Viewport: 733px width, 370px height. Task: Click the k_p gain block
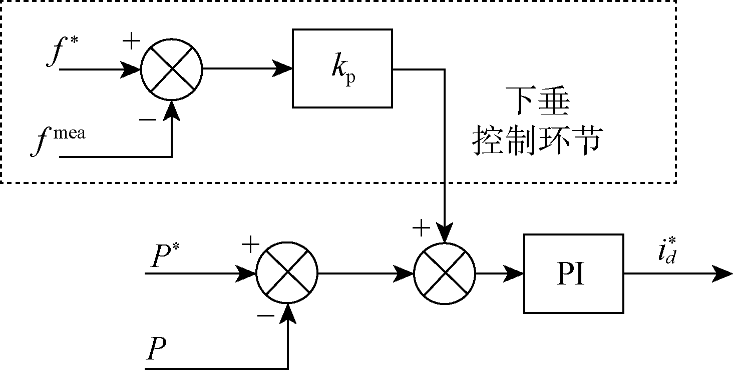pos(342,68)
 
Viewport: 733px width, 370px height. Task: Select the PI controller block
pos(573,273)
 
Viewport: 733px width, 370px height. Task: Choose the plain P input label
pos(156,350)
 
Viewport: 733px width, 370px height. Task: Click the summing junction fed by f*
pos(172,69)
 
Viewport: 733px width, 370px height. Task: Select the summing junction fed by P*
pos(287,273)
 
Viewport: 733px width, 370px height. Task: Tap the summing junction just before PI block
pos(445,273)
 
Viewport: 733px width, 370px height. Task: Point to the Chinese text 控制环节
pos(536,141)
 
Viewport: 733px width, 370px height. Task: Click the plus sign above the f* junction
pos(131,42)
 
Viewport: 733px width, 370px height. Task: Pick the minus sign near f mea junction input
pos(147,120)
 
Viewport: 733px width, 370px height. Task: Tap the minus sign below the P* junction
pos(265,316)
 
